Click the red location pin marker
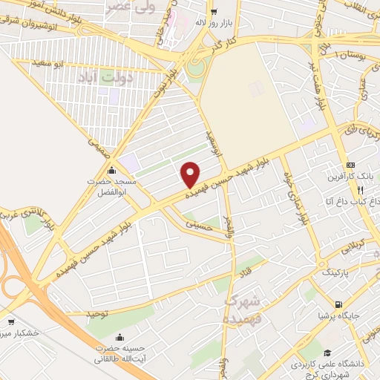click(191, 174)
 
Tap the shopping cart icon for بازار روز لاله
click(214, 11)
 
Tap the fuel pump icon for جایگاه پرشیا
click(339, 304)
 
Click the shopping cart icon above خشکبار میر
click(11, 323)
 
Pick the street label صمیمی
click(98, 145)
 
